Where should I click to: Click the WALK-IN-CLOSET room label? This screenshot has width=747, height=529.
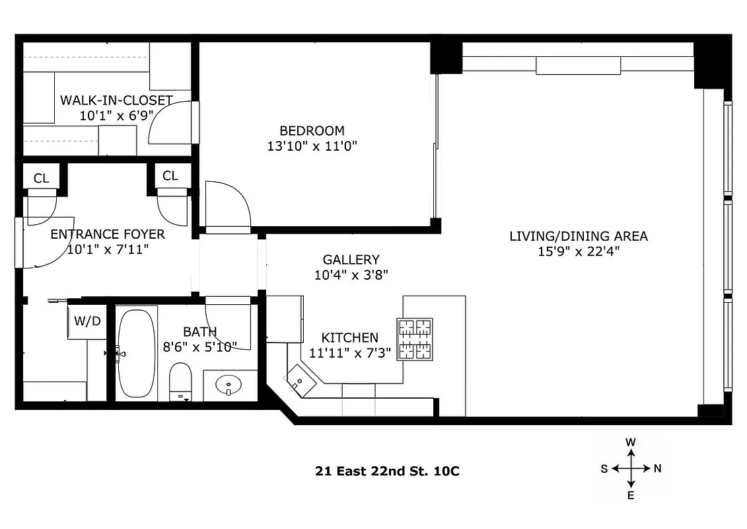point(116,101)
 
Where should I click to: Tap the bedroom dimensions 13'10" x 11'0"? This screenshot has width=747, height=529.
point(312,146)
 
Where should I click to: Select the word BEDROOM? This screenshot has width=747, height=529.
point(312,131)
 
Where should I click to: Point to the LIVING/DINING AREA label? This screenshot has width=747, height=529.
point(579,236)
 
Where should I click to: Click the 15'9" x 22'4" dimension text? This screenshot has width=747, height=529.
point(579,251)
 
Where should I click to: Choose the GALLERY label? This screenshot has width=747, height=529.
point(351,260)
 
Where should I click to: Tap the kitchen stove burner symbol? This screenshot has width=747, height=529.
point(415,339)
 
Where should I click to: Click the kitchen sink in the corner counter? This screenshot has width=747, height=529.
point(301,381)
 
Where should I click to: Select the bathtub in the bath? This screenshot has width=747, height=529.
point(137,353)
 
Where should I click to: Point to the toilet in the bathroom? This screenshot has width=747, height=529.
point(180,382)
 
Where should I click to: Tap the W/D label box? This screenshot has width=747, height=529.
point(87,322)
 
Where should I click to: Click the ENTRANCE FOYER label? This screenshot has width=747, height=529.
point(108,234)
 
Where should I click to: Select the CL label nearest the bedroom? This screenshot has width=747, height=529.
point(170,176)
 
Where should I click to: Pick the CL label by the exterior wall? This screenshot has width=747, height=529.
point(41,178)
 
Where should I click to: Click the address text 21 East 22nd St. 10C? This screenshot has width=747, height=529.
point(386,471)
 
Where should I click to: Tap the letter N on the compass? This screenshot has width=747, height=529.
point(657,469)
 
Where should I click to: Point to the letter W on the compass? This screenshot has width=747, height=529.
point(631,442)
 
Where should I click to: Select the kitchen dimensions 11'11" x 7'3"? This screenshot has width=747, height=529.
point(350,352)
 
